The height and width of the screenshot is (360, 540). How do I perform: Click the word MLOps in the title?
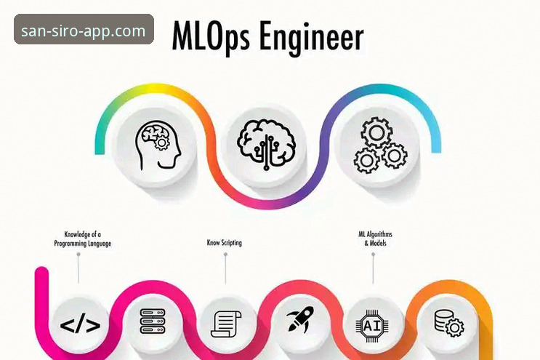[x=211, y=36]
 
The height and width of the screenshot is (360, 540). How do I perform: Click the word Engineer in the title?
[x=311, y=36]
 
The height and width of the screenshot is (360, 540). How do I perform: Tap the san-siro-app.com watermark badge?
[x=84, y=29]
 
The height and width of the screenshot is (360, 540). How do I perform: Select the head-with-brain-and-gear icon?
[x=158, y=145]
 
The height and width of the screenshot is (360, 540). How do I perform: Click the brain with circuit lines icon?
[x=266, y=144]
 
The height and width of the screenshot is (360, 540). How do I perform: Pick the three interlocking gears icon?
[x=381, y=145]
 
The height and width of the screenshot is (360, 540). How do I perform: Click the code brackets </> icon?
[x=80, y=325]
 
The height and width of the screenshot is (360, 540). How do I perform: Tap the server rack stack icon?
[x=153, y=321]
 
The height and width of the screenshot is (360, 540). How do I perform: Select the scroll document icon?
[x=226, y=324]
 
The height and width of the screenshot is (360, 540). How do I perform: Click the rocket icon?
[x=300, y=319]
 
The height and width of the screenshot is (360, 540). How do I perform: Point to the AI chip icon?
[x=372, y=326]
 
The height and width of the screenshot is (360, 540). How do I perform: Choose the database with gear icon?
[x=448, y=323]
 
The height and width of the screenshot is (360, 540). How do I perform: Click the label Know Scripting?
[x=224, y=242]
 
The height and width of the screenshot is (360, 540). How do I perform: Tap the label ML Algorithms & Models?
[x=375, y=239]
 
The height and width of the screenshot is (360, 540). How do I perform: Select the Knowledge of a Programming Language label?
[x=83, y=239]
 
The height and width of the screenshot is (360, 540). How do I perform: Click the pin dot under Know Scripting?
[x=225, y=255]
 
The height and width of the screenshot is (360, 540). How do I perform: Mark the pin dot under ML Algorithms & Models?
[x=374, y=255]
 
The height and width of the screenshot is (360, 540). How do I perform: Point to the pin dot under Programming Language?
[x=78, y=255]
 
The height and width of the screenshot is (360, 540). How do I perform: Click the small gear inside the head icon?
[x=161, y=143]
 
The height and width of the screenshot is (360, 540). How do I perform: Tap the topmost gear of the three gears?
[x=376, y=132]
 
